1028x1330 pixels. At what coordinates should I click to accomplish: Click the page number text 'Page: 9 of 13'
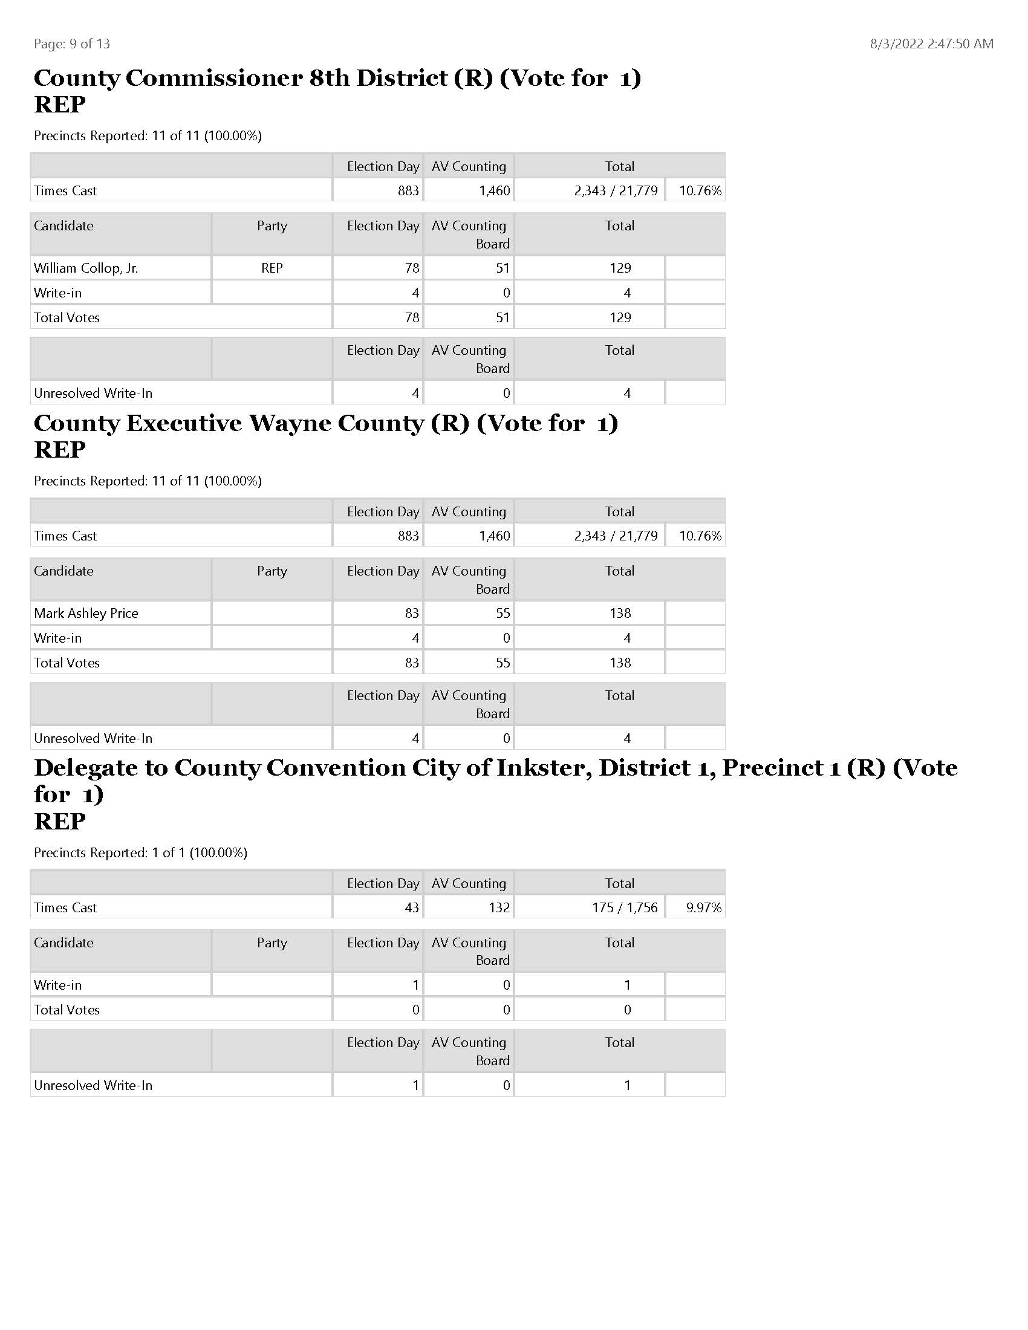click(72, 44)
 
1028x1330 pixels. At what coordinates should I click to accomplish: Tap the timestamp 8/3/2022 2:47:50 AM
click(931, 44)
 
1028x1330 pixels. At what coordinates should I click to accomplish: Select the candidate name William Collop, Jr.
click(86, 268)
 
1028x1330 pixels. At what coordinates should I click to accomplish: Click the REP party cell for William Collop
click(272, 268)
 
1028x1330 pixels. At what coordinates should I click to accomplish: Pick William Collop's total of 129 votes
click(620, 268)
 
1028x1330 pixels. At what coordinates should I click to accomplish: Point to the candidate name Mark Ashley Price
click(86, 613)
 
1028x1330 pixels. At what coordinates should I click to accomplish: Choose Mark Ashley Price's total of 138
click(620, 613)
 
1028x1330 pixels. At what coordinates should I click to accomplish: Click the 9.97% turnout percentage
click(703, 907)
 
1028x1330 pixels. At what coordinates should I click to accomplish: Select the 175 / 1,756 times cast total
click(624, 907)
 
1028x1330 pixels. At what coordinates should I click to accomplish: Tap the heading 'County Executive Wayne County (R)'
click(325, 423)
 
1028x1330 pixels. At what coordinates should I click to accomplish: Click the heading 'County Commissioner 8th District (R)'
click(337, 78)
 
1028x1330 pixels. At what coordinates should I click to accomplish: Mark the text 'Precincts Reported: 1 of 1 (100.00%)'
click(141, 852)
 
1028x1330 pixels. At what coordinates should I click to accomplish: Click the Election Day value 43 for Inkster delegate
click(412, 907)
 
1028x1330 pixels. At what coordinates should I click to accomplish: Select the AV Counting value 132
click(499, 907)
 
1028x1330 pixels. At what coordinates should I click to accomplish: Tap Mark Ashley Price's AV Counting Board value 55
click(503, 613)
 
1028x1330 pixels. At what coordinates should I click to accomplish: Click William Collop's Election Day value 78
click(412, 268)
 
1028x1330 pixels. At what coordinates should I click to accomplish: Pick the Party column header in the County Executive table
click(272, 571)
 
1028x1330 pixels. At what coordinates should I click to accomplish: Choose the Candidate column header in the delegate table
click(64, 942)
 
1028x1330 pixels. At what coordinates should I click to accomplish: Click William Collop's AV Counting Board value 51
click(503, 268)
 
